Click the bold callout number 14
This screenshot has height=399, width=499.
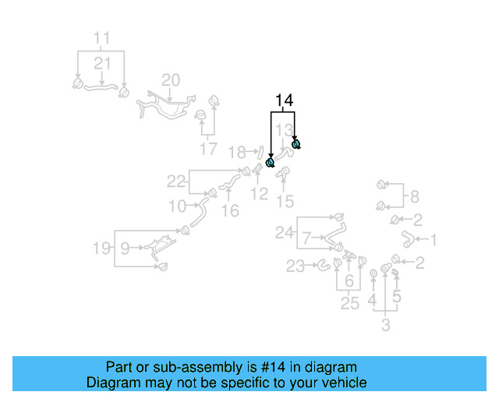[283, 101]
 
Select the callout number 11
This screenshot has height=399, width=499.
[102, 37]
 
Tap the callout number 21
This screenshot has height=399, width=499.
[102, 62]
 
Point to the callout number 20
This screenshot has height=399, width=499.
[170, 79]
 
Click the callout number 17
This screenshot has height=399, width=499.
[208, 149]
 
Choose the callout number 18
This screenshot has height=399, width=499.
[236, 151]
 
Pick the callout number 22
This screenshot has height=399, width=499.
[177, 182]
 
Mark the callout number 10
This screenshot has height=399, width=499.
[177, 207]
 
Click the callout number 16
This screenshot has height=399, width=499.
[230, 210]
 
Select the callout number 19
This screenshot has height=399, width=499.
[101, 249]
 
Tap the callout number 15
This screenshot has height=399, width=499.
[285, 202]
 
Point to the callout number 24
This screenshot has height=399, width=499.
[285, 231]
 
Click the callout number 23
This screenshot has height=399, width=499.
[296, 267]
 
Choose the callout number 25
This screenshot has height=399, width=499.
[349, 303]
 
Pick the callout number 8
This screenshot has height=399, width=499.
[414, 196]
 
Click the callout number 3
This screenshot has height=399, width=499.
[385, 325]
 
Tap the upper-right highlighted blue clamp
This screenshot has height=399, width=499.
[296, 144]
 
